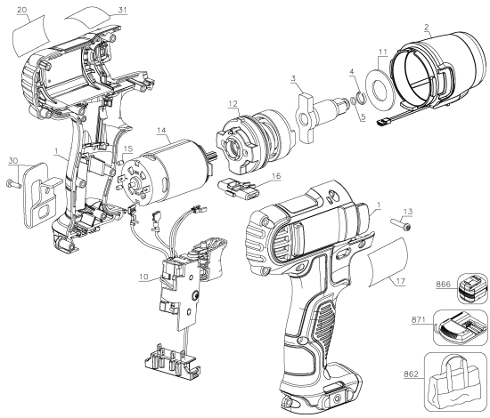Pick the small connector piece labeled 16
point(239,189)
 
